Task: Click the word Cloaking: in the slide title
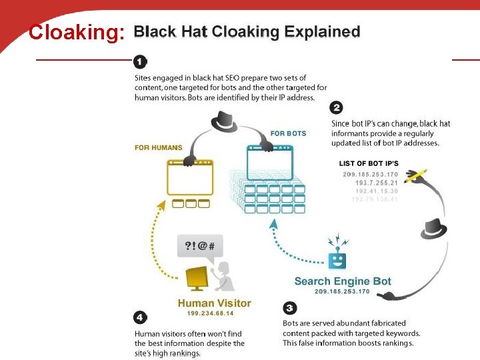77,32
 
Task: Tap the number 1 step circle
140,62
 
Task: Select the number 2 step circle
337,107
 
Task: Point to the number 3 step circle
289,307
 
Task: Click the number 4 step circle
141,317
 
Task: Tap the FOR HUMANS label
158,147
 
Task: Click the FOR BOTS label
288,133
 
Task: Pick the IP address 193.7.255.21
377,183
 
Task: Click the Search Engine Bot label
343,281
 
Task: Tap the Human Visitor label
214,303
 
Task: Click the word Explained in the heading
322,31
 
